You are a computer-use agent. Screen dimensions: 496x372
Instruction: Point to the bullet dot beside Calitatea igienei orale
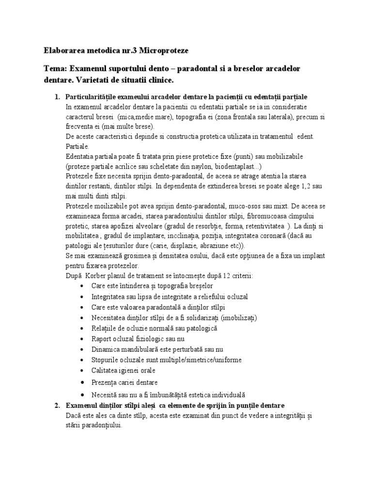(x=84, y=372)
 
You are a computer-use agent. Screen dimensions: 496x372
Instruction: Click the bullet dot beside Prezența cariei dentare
(x=84, y=383)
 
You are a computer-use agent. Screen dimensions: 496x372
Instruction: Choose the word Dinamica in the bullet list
(x=105, y=349)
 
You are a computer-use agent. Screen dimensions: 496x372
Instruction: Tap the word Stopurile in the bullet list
(x=106, y=360)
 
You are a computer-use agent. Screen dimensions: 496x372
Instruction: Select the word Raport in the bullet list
(x=102, y=339)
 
